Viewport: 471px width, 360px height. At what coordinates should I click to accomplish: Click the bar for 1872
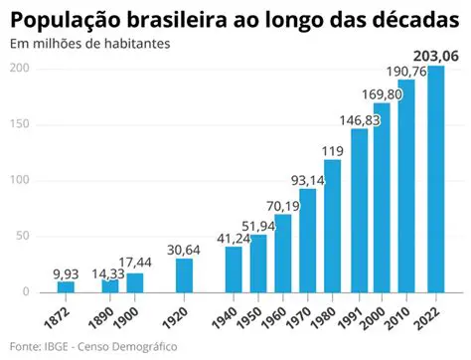tap(66, 286)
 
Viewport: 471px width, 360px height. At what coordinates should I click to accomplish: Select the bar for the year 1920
tap(184, 274)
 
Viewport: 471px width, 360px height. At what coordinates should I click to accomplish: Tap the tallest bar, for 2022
tap(434, 179)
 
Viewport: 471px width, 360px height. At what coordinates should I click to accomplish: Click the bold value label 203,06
tap(433, 57)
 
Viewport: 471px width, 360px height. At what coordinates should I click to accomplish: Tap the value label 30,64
tap(184, 249)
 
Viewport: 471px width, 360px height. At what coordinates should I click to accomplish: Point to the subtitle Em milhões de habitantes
tap(89, 45)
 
